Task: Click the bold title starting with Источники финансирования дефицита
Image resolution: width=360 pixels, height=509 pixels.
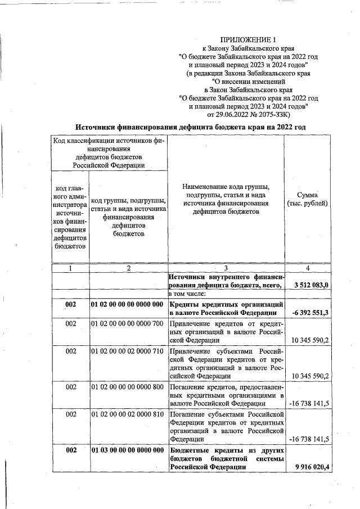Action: click(191, 127)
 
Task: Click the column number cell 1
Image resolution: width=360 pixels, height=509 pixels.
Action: click(70, 268)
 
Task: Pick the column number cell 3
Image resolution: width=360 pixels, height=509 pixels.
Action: click(225, 268)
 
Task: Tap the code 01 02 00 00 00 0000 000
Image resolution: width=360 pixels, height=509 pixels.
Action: click(127, 305)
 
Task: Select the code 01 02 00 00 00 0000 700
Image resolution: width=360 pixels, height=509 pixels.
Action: click(127, 323)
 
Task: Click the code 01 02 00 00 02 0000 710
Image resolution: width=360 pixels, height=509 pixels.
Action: click(127, 351)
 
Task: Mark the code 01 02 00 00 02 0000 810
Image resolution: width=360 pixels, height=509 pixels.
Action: click(127, 414)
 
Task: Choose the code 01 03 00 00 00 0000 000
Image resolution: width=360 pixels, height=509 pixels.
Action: click(127, 450)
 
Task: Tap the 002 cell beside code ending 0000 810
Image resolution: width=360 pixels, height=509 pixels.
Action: click(70, 414)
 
